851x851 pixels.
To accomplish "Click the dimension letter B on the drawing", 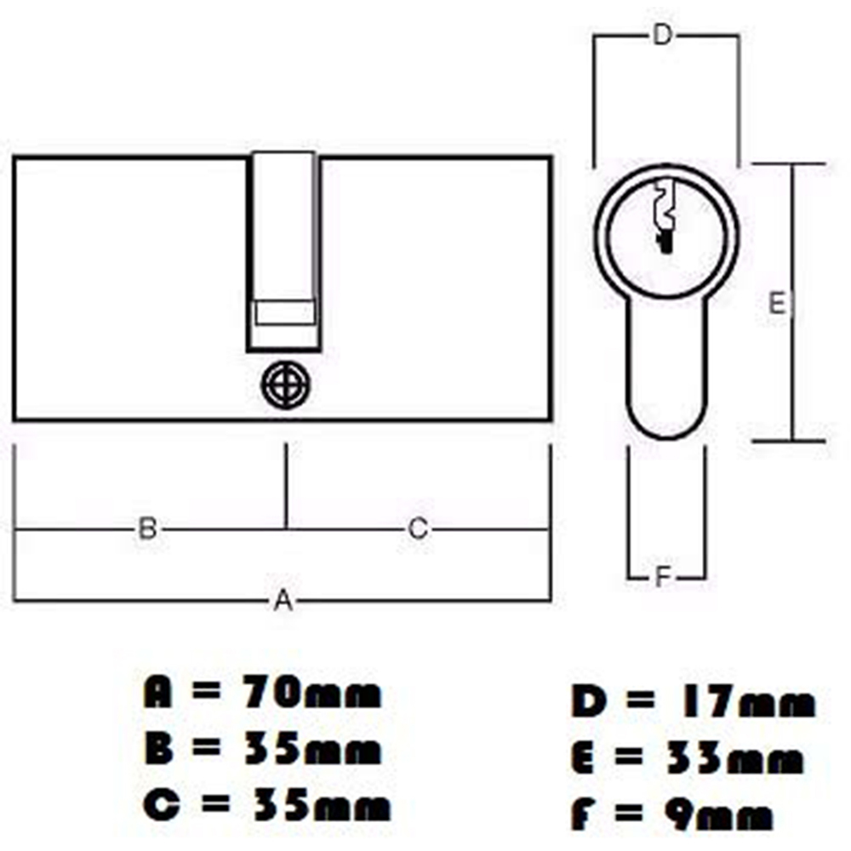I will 147,528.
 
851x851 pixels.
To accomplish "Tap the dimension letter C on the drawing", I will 417,528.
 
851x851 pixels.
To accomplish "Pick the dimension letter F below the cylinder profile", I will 664,579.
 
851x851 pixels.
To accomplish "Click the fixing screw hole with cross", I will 285,386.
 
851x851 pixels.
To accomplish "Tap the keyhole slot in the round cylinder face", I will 664,217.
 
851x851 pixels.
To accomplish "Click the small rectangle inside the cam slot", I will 285,312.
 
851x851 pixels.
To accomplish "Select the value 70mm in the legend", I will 311,694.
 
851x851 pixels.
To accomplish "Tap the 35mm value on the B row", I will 311,751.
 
